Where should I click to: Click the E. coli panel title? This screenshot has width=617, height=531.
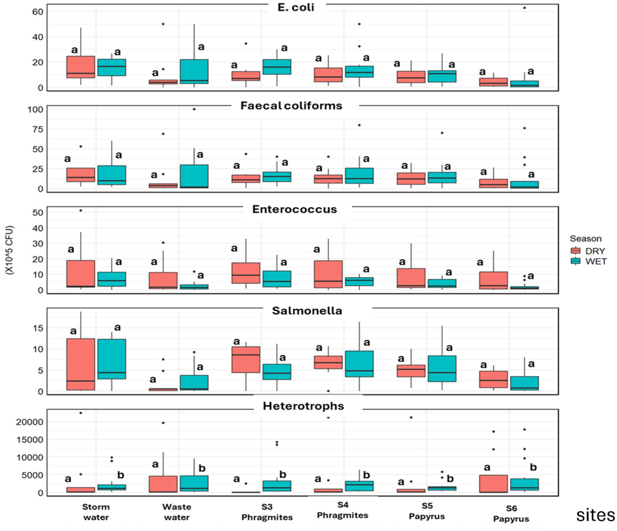pos(296,7)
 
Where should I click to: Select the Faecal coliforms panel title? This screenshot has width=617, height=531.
pos(291,106)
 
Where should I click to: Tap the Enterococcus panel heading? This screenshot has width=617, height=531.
pos(294,209)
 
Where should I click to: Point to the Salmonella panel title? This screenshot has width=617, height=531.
pos(307,311)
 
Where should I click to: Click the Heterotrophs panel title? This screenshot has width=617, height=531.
pos(303,406)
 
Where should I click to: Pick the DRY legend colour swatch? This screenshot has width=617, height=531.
pos(575,251)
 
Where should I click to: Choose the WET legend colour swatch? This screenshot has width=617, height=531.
pos(575,261)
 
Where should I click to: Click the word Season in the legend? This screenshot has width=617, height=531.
pos(586,239)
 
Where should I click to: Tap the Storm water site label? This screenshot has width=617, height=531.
pos(96,512)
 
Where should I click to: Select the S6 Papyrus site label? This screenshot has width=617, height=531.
pos(511,513)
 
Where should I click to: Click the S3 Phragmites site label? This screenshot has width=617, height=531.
pos(267,512)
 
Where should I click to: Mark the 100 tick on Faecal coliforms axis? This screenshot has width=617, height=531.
pos(36,109)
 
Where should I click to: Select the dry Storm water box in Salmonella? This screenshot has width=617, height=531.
pos(81,364)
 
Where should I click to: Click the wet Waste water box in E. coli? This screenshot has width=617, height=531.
pos(194,72)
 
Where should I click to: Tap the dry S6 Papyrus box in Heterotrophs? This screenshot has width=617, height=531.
pos(493,484)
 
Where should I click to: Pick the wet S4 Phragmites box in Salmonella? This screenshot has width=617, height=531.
pos(359,364)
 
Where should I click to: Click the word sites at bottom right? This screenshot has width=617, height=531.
pos(595,515)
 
